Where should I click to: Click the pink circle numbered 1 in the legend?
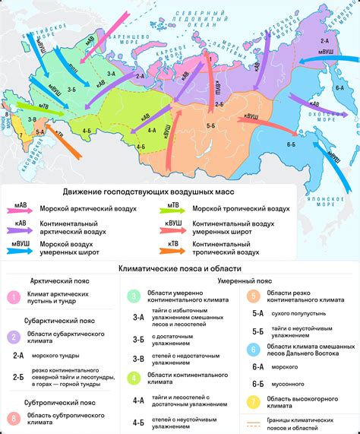[12, 299]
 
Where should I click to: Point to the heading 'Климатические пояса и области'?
[179, 268]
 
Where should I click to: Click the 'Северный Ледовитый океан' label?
[213, 15]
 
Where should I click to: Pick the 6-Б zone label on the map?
[291, 144]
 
